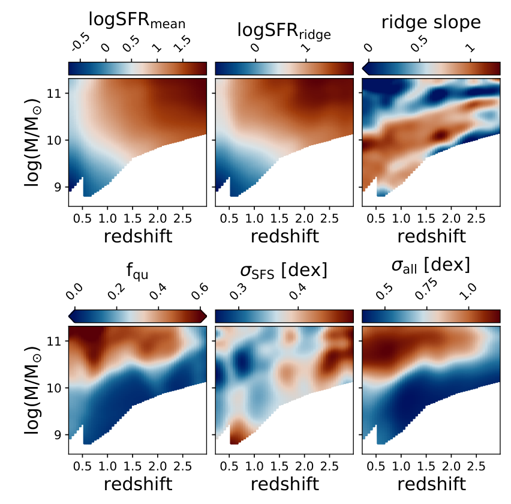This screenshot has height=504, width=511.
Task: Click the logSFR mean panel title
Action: [x=137, y=20]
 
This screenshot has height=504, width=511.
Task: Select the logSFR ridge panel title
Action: [x=284, y=32]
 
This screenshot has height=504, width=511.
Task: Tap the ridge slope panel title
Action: [x=431, y=23]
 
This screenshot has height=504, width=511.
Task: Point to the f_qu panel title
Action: [x=137, y=271]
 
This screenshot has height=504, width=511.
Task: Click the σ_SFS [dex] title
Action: [x=284, y=271]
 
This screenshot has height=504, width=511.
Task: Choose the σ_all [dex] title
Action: [x=431, y=265]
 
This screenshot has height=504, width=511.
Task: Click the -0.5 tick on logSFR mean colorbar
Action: [x=80, y=43]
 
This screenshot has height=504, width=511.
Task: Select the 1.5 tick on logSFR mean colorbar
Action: [x=182, y=44]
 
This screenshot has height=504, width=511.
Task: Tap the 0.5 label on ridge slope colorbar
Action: [x=419, y=44]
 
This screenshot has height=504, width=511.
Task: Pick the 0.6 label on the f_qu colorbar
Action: [x=200, y=291]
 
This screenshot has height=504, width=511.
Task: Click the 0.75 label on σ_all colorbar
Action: [x=426, y=289]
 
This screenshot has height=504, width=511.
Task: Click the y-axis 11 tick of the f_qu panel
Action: [x=54, y=341]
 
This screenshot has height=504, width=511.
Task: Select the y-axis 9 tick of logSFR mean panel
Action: [x=58, y=187]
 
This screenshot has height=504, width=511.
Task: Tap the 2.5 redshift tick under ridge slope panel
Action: [x=476, y=218]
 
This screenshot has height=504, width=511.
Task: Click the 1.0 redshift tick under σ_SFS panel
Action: [x=254, y=466]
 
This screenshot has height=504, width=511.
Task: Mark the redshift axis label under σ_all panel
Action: [x=431, y=484]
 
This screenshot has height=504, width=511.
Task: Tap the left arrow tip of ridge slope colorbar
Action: [x=363, y=68]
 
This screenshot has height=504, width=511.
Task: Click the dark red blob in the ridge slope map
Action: [x=441, y=134]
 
